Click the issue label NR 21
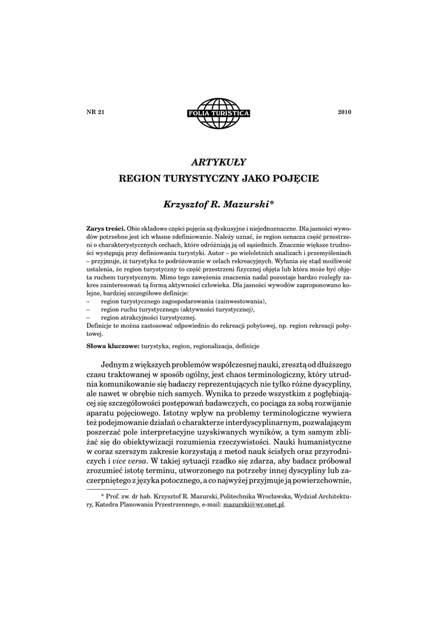(96, 112)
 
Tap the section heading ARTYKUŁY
(218, 161)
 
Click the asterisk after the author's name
(272, 204)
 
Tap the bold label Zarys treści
(106, 230)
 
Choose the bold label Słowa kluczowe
(113, 346)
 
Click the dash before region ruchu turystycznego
(89, 309)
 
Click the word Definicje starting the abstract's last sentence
(100, 326)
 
